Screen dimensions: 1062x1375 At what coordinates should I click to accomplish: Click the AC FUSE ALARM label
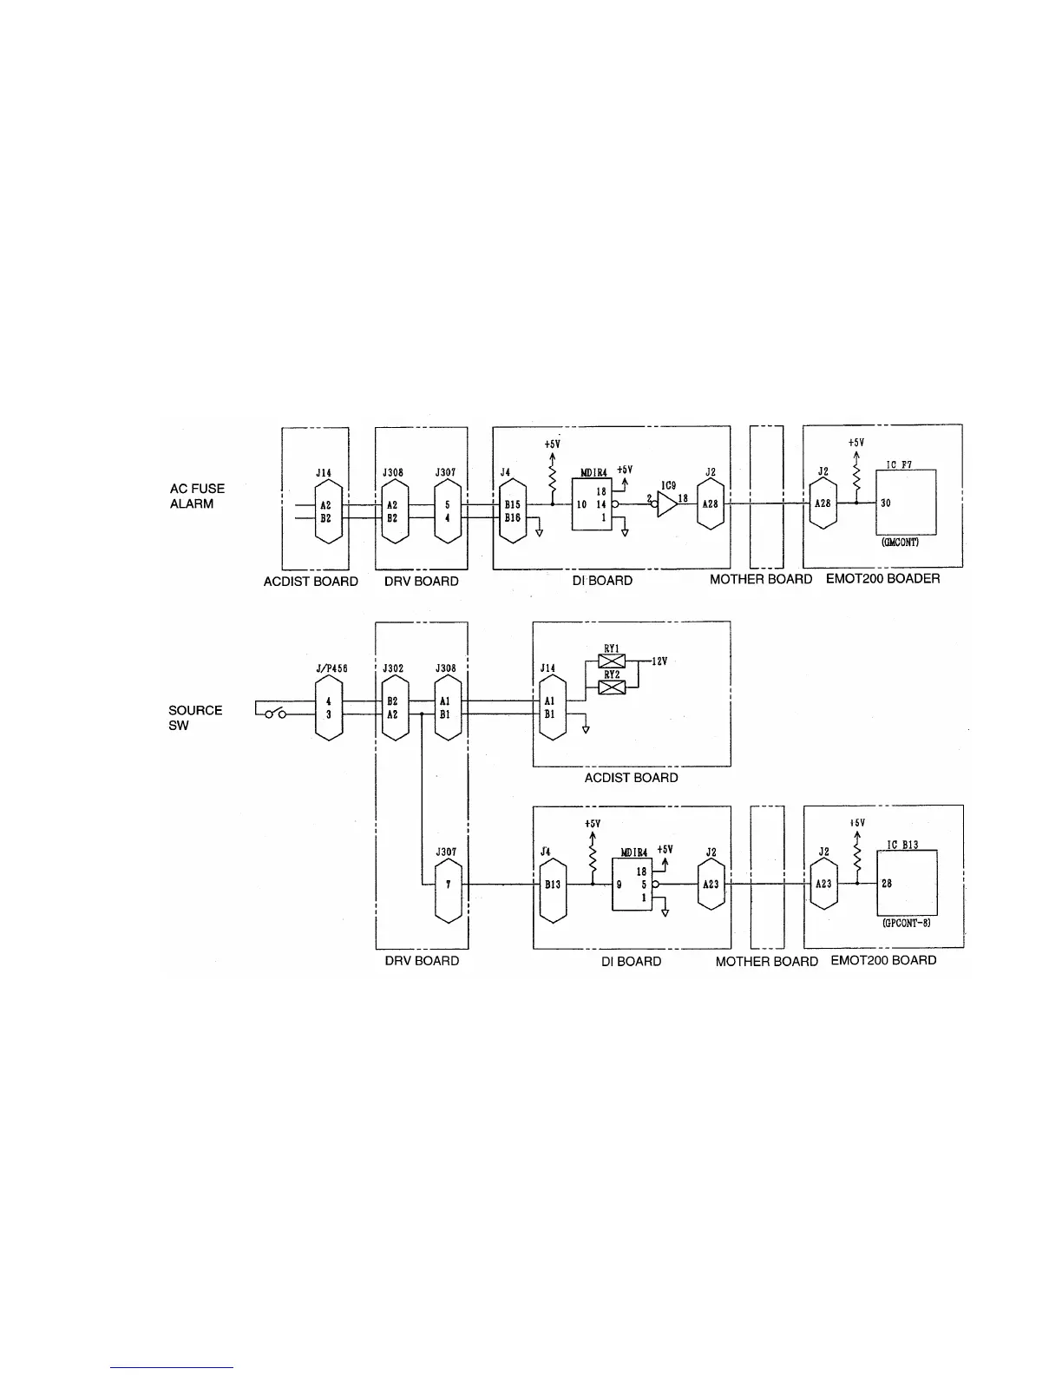(x=197, y=497)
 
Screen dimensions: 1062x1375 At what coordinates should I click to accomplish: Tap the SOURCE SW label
(x=195, y=717)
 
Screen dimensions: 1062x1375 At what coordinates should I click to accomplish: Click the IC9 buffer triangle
(x=665, y=504)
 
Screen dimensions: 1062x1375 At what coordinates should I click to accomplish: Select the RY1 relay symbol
(x=612, y=661)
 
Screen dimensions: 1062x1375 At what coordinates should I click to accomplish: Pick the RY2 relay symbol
(x=612, y=687)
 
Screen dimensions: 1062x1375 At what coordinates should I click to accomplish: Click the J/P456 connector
(x=329, y=707)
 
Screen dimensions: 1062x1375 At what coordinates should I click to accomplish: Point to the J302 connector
(x=393, y=707)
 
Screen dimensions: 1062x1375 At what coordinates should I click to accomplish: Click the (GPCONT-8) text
(x=906, y=924)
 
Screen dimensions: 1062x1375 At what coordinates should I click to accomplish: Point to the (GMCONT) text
(x=905, y=543)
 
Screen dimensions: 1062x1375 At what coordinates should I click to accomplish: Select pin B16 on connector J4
(x=512, y=517)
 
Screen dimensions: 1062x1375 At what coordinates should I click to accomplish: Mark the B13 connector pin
(x=552, y=885)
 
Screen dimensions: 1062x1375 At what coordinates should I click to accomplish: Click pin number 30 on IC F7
(x=885, y=503)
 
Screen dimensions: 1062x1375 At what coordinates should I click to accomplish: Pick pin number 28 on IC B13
(x=886, y=884)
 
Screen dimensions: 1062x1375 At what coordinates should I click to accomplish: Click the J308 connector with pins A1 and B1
(x=448, y=707)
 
